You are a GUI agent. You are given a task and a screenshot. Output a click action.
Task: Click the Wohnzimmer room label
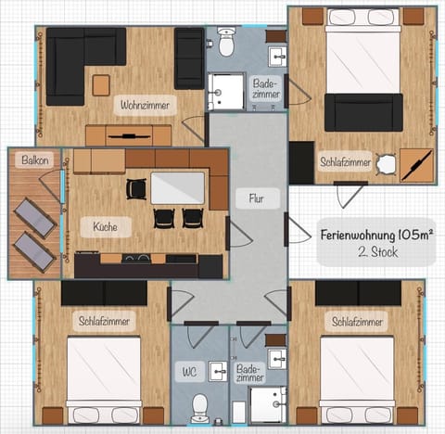[144, 107]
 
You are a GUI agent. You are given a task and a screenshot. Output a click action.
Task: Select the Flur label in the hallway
[257, 198]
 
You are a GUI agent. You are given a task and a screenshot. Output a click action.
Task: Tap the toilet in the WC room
[198, 405]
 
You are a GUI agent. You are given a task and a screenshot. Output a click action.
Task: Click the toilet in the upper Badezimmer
[226, 41]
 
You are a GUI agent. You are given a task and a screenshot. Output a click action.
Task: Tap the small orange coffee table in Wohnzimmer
[101, 85]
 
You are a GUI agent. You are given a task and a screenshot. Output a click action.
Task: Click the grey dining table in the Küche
[177, 188]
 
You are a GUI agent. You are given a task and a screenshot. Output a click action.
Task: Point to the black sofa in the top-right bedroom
[363, 112]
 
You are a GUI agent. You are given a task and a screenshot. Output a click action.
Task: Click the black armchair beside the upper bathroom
[189, 57]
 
